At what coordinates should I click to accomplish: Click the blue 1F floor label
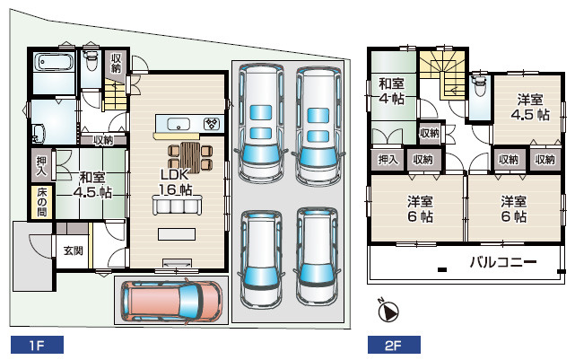tap(34, 344)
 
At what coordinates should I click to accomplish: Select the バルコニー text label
tap(503, 263)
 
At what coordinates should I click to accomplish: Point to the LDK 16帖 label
tap(177, 181)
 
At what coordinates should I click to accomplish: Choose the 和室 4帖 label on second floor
tap(390, 92)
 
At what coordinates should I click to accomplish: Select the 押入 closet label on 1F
tap(41, 165)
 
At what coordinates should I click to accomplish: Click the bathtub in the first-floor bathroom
tap(56, 64)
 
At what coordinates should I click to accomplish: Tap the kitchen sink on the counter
tap(176, 124)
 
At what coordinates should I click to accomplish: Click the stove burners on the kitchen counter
tap(213, 124)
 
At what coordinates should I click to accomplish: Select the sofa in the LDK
tap(177, 206)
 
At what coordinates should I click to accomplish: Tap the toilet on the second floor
tap(478, 85)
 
